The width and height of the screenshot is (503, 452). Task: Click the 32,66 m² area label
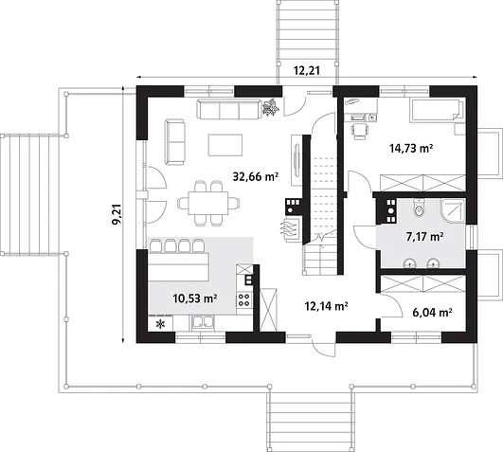[256, 176]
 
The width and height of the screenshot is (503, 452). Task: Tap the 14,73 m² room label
[411, 148]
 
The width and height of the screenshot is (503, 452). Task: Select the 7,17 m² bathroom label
[425, 237]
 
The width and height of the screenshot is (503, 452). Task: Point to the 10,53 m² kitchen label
[195, 298]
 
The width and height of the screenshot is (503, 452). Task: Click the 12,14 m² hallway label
[327, 306]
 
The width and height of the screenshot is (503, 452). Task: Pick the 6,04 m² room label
[432, 312]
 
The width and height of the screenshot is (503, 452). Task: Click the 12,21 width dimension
[307, 70]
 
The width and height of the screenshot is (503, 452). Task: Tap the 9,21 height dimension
[117, 214]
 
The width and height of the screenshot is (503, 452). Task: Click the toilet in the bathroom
[419, 208]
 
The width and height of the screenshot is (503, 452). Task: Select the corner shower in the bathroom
[453, 210]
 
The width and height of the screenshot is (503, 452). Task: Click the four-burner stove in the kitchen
[244, 299]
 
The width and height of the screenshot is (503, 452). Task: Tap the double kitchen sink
[203, 322]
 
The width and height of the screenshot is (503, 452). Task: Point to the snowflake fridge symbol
[160, 324]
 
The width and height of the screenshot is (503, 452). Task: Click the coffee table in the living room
[225, 145]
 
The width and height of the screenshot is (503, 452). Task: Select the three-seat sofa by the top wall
[229, 109]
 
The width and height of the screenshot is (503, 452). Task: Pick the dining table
[208, 204]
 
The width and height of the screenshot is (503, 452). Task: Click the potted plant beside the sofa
[270, 107]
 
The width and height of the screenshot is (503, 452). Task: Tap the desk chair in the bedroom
[360, 131]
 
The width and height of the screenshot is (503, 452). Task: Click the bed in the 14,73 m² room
[437, 110]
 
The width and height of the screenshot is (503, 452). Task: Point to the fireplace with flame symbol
[291, 228]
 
